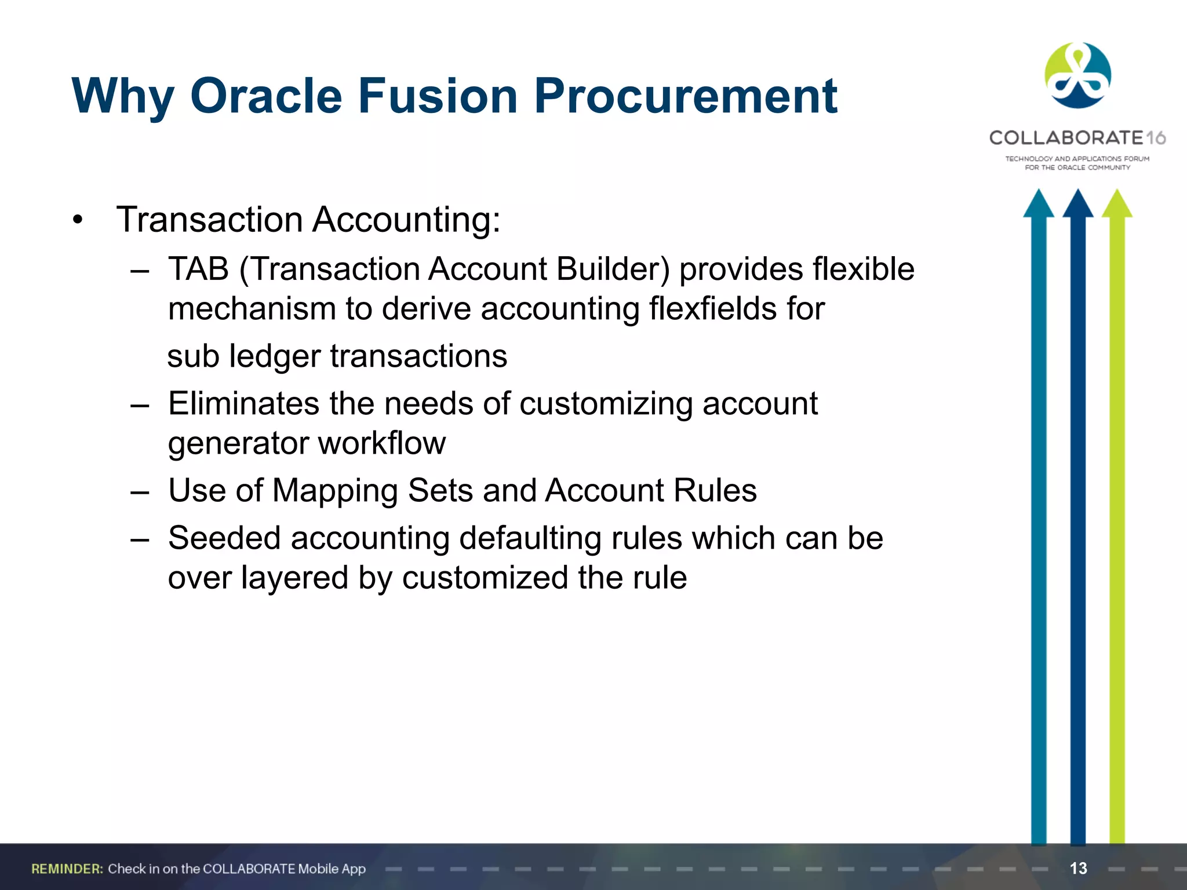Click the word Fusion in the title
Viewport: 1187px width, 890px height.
[438, 96]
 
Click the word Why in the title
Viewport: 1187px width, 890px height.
[123, 97]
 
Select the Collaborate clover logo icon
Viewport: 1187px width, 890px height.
[1077, 76]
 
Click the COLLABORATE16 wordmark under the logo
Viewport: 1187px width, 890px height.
[1077, 138]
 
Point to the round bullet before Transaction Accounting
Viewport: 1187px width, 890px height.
[78, 220]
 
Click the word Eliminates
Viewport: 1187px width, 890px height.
[243, 403]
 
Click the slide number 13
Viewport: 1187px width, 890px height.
[1078, 868]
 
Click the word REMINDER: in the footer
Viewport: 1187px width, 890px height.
[67, 869]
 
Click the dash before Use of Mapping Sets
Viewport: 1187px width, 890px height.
[140, 493]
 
